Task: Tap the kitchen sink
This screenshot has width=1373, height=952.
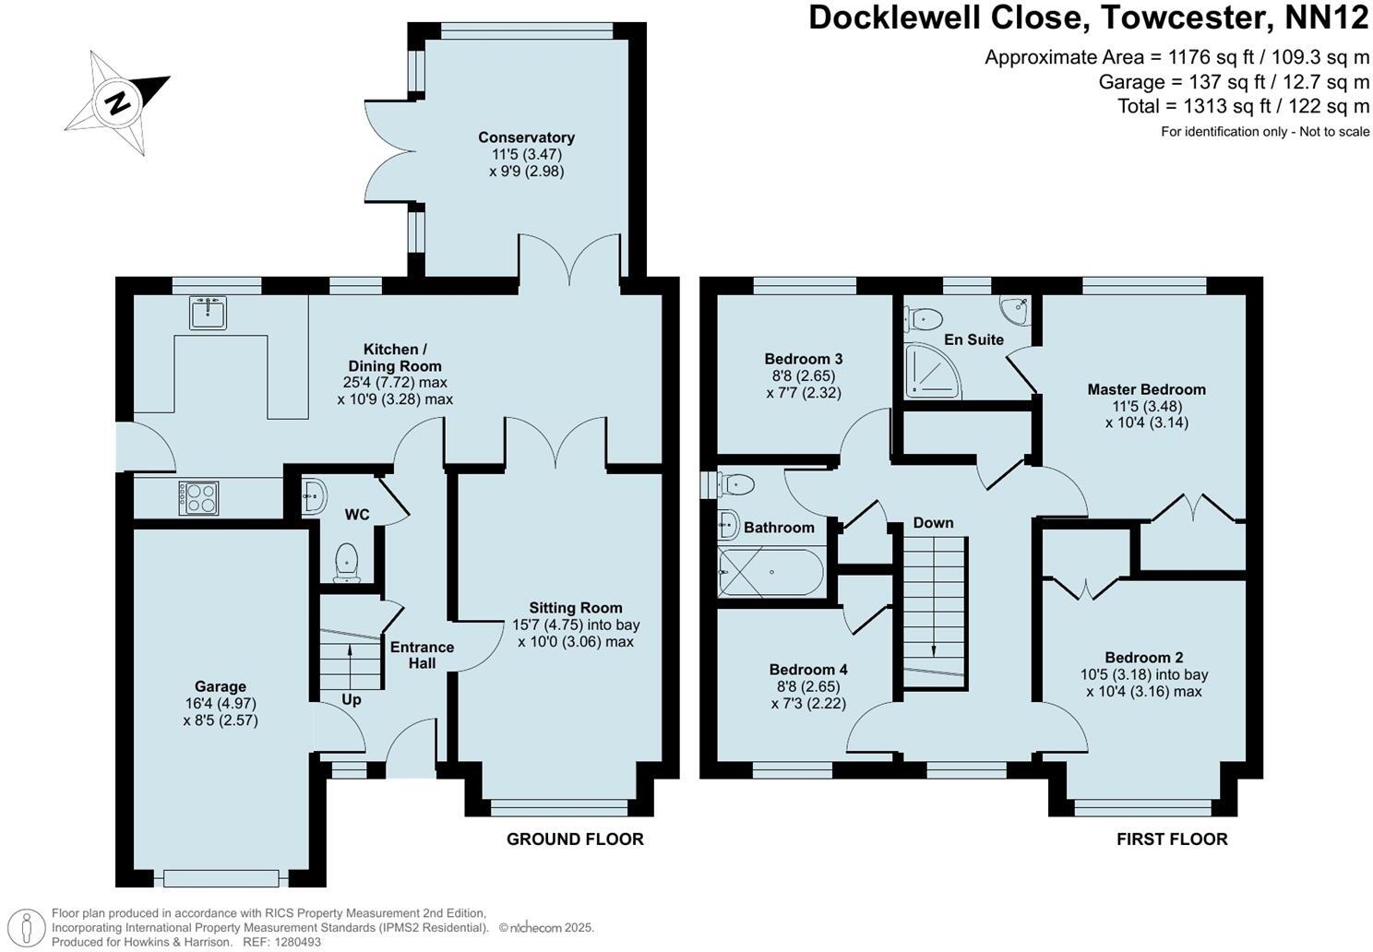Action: pyautogui.click(x=208, y=313)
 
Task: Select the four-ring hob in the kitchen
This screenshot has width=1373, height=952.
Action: pyautogui.click(x=198, y=497)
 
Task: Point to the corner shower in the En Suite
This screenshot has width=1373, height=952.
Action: pyautogui.click(x=932, y=371)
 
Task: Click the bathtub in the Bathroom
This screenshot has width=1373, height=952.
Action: pyautogui.click(x=771, y=572)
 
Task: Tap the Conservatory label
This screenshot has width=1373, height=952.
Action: pyautogui.click(x=527, y=137)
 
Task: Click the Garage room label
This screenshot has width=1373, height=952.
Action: pyautogui.click(x=221, y=686)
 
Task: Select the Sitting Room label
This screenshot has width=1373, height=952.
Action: pyautogui.click(x=576, y=608)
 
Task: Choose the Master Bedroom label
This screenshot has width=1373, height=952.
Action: pyautogui.click(x=1146, y=389)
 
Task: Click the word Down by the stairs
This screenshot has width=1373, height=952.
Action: pyautogui.click(x=933, y=522)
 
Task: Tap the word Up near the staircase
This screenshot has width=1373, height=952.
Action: pyautogui.click(x=352, y=699)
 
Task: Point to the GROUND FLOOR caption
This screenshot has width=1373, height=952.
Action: pyautogui.click(x=575, y=839)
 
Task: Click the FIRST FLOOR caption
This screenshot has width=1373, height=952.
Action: pyautogui.click(x=1172, y=839)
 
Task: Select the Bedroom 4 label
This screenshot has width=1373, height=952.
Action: pyautogui.click(x=808, y=670)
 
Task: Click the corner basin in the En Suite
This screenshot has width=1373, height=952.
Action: pyautogui.click(x=1015, y=310)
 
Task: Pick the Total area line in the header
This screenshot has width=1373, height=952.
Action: pyautogui.click(x=1244, y=106)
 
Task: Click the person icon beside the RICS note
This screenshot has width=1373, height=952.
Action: pyautogui.click(x=26, y=928)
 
